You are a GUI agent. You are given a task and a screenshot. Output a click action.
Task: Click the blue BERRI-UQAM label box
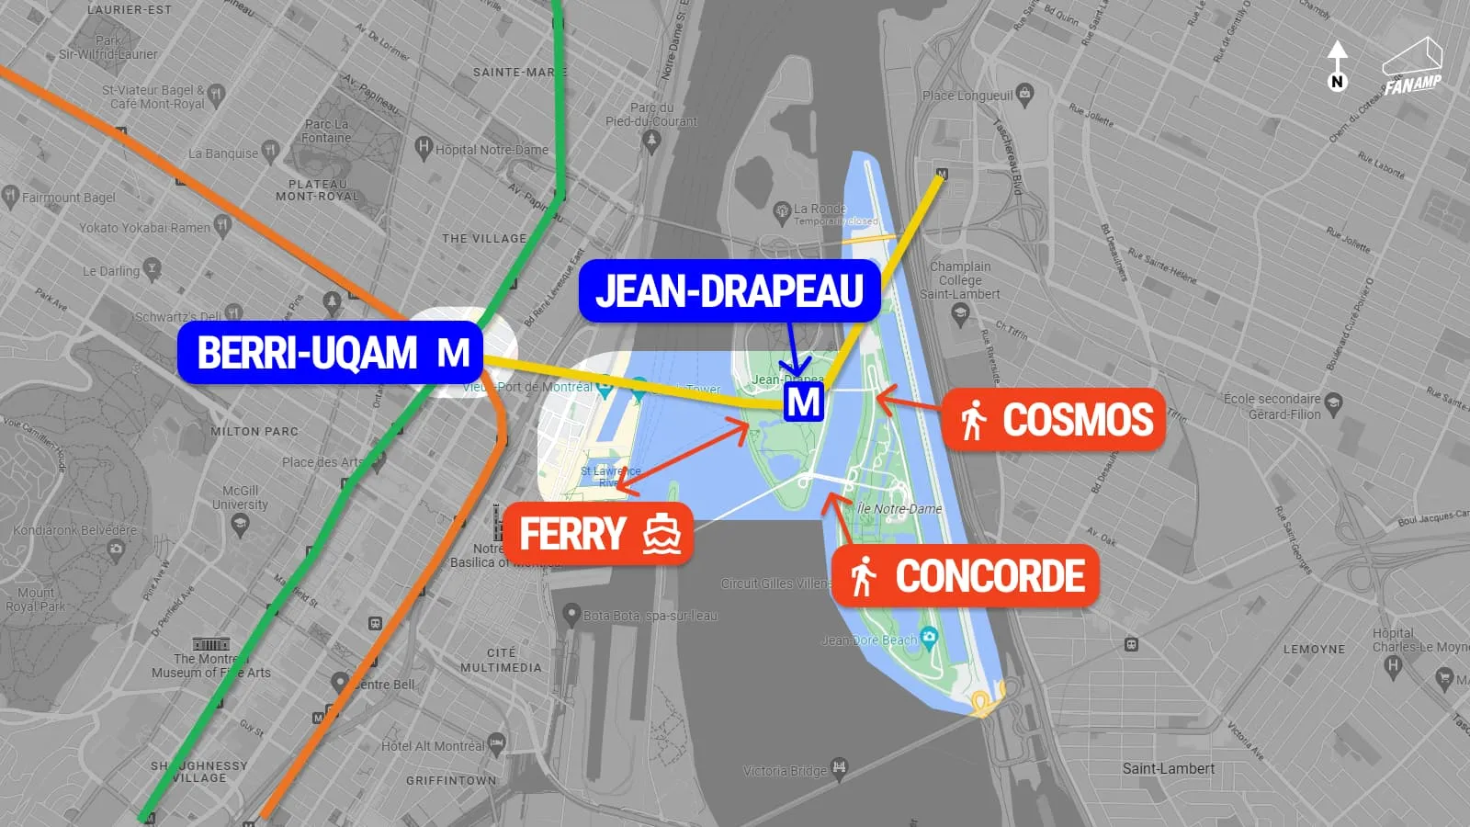(x=330, y=352)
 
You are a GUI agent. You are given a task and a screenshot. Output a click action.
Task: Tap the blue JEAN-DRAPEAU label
(x=729, y=290)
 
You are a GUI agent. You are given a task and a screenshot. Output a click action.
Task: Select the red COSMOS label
(x=1054, y=420)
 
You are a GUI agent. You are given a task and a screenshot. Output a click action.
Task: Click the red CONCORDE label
(x=965, y=576)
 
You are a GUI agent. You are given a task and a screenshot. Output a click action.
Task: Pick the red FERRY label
(x=597, y=534)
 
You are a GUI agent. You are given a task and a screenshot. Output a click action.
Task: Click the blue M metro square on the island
(x=803, y=402)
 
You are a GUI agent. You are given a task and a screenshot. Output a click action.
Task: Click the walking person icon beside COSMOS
(x=973, y=421)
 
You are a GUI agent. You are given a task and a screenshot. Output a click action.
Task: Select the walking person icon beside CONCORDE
(x=863, y=577)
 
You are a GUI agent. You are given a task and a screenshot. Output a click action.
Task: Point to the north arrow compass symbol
(x=1337, y=65)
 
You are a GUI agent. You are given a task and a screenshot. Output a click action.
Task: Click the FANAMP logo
(x=1412, y=67)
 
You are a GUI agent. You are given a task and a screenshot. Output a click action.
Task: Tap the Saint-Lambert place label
(x=1168, y=768)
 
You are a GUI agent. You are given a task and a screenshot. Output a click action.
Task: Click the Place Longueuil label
(x=967, y=95)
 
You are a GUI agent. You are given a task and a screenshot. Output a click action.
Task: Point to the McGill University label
(x=240, y=497)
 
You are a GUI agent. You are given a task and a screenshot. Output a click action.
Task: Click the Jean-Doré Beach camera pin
(x=929, y=636)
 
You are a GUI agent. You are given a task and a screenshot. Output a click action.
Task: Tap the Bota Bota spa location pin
(x=571, y=613)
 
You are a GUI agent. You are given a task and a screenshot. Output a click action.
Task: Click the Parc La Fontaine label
(x=327, y=130)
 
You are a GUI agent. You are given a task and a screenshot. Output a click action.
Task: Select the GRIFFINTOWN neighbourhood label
(x=450, y=780)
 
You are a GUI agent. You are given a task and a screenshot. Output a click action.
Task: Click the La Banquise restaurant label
(x=223, y=153)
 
